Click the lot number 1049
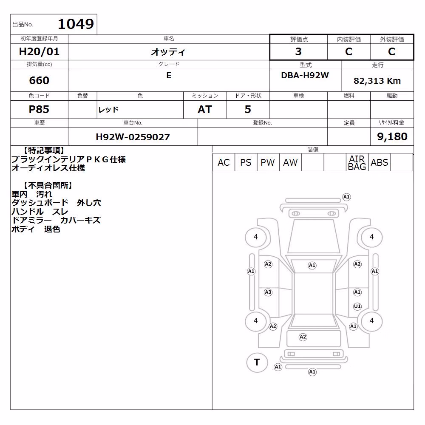click(76, 24)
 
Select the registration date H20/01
click(39, 51)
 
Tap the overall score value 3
click(298, 51)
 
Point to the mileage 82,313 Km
click(377, 81)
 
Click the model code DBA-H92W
click(305, 75)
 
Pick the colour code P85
click(39, 109)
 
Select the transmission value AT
click(205, 109)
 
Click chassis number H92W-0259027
click(133, 137)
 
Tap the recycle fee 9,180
click(392, 136)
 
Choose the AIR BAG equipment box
click(357, 162)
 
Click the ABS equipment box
click(379, 162)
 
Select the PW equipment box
click(268, 162)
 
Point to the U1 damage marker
click(357, 306)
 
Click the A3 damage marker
click(268, 292)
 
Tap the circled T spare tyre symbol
click(257, 363)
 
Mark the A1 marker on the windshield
click(312, 265)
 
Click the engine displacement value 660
click(39, 80)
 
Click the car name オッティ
click(168, 51)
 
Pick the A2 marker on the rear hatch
click(303, 337)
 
